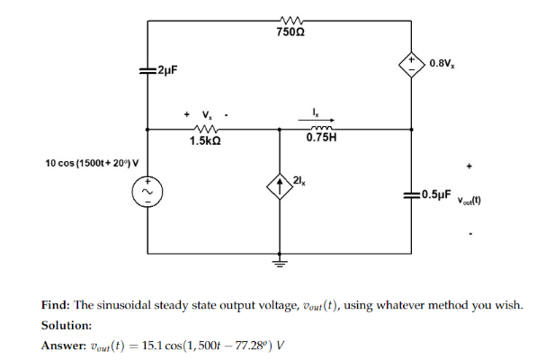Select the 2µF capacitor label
(166, 70)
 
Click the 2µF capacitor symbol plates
(147, 69)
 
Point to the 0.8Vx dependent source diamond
(412, 65)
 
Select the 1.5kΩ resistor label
(206, 141)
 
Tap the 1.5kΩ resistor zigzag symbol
(206, 130)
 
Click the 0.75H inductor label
(321, 139)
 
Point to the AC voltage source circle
(147, 192)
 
